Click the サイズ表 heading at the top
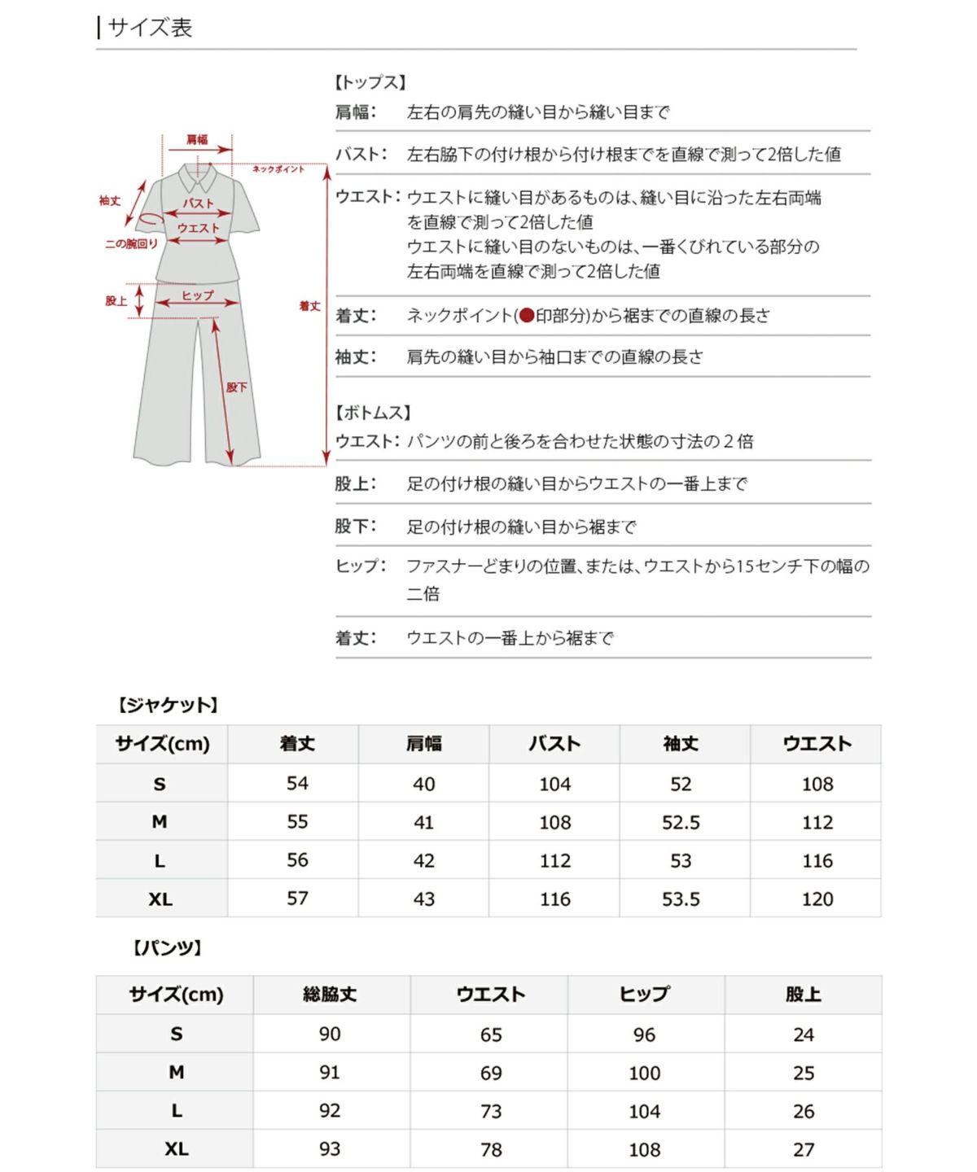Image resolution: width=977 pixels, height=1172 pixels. coord(150,28)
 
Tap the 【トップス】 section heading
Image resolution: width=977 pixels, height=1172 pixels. coord(370,82)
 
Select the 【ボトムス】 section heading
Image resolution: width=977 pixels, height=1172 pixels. coord(374,413)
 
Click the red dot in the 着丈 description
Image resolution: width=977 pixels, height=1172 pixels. coord(526,316)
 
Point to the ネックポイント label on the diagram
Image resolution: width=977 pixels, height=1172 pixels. coord(278,169)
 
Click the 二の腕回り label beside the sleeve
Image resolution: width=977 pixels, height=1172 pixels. coord(131,244)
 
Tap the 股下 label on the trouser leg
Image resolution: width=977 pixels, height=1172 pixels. coord(236,387)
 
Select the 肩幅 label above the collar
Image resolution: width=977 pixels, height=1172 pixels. coord(197,140)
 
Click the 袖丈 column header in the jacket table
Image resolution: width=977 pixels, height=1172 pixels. coord(681,744)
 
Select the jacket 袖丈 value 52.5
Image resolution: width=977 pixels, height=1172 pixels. coord(681,823)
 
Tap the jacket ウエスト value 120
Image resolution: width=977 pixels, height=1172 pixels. coord(817,899)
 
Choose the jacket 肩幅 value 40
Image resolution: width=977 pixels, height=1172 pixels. coord(423,785)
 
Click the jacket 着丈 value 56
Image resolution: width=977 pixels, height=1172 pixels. coord(297,860)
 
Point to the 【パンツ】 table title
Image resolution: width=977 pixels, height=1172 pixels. coord(168,947)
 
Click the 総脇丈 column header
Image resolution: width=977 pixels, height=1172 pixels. coord(330,995)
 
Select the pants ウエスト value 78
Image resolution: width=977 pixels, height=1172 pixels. coord(491,1150)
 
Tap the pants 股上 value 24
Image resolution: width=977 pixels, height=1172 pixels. coord(804,1035)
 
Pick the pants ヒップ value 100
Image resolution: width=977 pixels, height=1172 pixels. coord(644,1074)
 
